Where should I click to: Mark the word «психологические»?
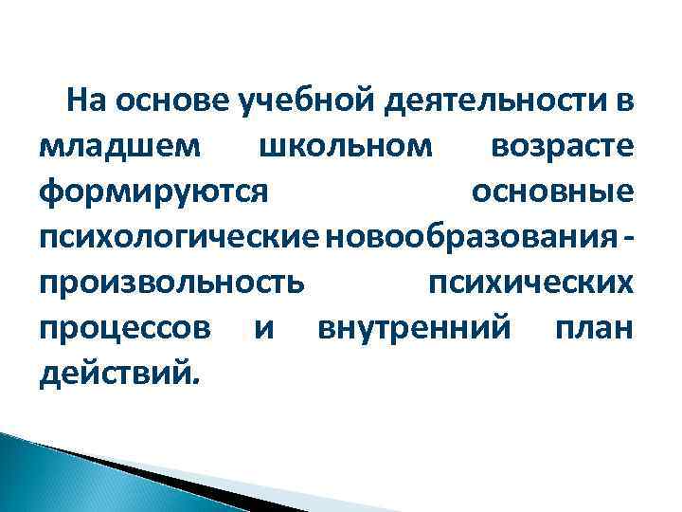pyautogui.click(x=179, y=238)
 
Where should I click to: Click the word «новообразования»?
pyautogui.click(x=468, y=238)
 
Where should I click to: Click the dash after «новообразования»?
pyautogui.click(x=630, y=238)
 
